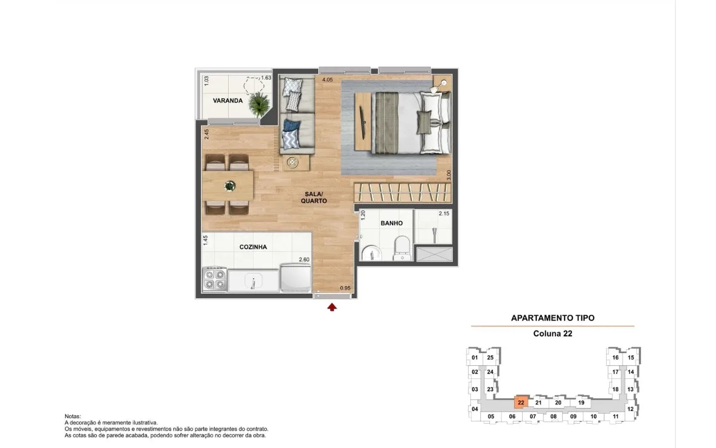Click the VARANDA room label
228,101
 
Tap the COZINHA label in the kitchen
253,247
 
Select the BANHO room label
392,223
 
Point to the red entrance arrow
332,307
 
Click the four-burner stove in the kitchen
215,279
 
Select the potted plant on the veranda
258,104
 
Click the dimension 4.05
327,80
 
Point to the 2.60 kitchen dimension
304,259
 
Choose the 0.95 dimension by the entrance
345,288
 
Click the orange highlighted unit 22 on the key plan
521,402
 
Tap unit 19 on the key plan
581,403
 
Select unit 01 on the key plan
475,357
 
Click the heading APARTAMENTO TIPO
553,318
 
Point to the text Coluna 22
553,334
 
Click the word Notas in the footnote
73,416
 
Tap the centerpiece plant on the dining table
230,186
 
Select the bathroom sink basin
372,253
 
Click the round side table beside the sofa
292,162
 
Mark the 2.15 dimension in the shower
444,214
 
